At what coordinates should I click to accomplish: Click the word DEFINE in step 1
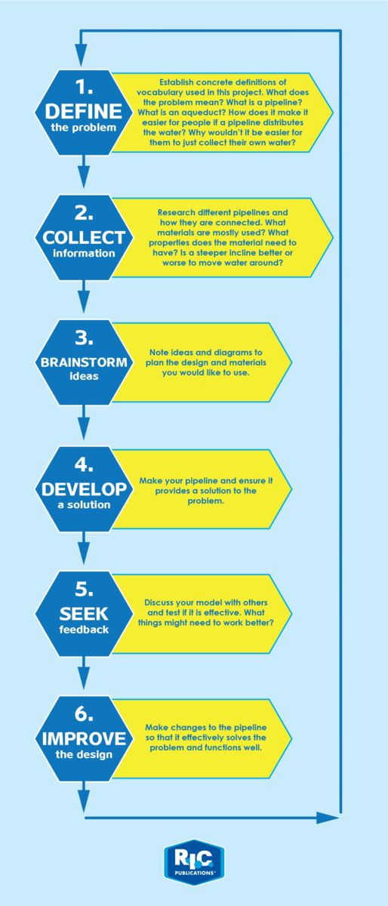pos(84,111)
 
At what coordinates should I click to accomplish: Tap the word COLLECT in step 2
pos(84,238)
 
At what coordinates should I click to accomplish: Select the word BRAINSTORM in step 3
pos(84,362)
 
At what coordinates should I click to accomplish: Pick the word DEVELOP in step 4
pos(84,489)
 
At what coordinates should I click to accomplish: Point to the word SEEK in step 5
pos(84,614)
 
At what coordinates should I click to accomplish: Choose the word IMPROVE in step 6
pos(84,739)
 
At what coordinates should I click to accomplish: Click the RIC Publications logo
pos(194,862)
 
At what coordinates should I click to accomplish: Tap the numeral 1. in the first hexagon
pos(84,87)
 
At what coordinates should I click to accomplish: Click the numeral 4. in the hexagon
pos(84,464)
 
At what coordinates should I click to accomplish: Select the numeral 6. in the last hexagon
pos(84,714)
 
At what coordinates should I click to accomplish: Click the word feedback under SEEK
pos(84,630)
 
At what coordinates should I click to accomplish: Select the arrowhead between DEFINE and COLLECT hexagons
pos(84,178)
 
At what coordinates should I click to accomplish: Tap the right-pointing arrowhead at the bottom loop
pos(328,818)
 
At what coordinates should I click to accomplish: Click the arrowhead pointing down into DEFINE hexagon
pos(82,56)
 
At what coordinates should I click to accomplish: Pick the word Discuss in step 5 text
pos(159,602)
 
